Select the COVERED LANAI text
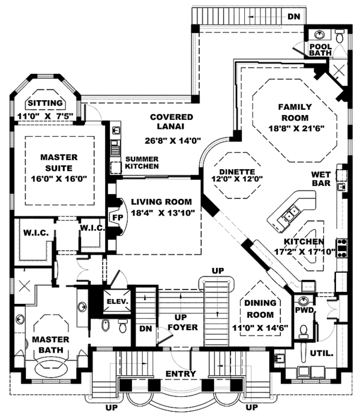[171, 122]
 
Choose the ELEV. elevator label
[117, 302]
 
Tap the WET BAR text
[322, 179]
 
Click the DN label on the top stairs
[293, 18]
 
